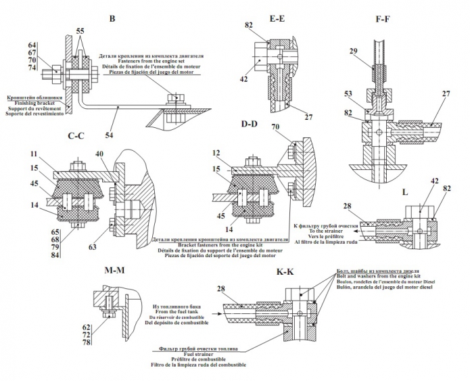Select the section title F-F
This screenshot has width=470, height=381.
[383, 20]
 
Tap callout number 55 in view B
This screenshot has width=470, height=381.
[80, 32]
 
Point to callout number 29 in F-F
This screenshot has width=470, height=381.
[354, 51]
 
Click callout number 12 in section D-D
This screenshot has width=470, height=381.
[216, 153]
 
